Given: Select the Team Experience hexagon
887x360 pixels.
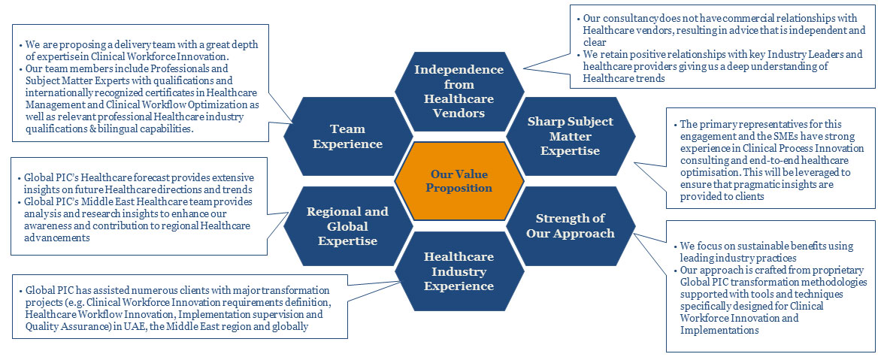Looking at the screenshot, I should (x=347, y=135).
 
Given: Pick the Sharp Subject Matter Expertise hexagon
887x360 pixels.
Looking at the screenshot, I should (x=569, y=135).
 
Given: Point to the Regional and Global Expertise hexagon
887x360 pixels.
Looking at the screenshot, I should (x=347, y=225).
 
